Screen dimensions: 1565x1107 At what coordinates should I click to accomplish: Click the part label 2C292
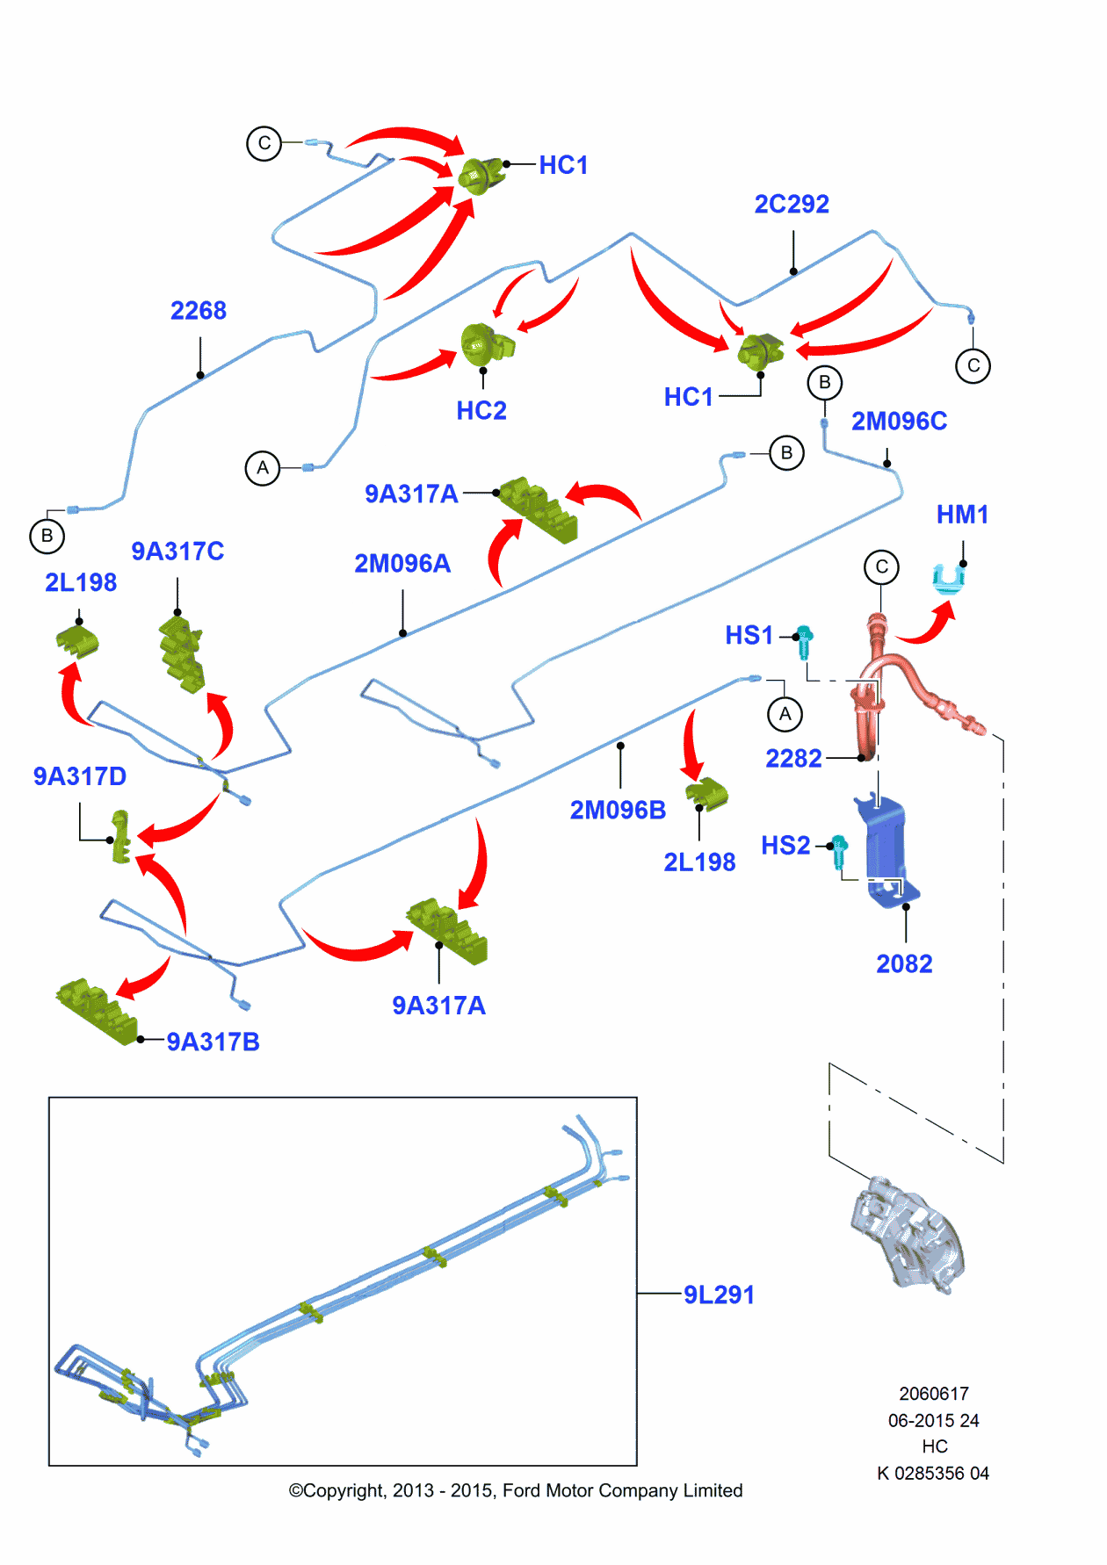[x=792, y=204]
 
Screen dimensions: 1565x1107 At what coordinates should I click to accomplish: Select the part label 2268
[x=199, y=310]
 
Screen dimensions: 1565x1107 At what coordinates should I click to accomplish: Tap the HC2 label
[x=481, y=410]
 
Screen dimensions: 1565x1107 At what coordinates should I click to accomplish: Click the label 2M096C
[x=899, y=422]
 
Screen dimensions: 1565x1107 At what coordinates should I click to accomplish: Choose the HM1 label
[x=962, y=515]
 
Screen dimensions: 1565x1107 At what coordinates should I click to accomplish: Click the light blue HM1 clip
[x=948, y=579]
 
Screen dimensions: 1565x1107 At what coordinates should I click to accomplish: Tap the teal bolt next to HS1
[x=804, y=642]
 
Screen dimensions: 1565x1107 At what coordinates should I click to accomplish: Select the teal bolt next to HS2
[x=839, y=851]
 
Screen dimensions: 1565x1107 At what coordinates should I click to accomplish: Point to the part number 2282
[x=793, y=758]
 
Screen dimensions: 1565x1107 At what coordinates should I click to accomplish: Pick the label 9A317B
[x=213, y=1042]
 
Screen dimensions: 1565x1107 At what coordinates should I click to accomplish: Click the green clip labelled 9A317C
[x=182, y=653]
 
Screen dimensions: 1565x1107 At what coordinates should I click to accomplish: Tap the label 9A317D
[x=80, y=776]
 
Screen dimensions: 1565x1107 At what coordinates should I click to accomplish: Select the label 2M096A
[x=402, y=564]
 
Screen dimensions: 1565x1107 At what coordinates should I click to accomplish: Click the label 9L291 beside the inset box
[x=719, y=1295]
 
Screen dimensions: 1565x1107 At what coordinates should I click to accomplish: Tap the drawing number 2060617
[x=934, y=1394]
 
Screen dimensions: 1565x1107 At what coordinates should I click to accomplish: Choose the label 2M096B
[x=618, y=810]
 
